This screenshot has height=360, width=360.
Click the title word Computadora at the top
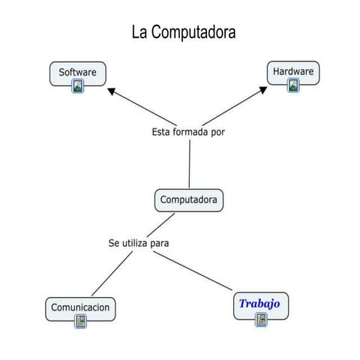(194, 33)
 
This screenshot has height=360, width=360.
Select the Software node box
(78, 73)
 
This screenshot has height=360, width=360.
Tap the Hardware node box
(293, 72)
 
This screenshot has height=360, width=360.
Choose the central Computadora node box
(189, 200)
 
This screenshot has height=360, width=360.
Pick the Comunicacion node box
(81, 307)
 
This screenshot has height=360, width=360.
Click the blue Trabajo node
(259, 304)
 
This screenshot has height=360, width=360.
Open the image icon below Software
(78, 86)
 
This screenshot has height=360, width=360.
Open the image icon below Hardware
(293, 85)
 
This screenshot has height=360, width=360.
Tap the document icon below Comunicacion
(81, 321)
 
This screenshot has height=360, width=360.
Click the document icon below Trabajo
(261, 319)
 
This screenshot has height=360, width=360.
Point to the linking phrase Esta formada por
(188, 132)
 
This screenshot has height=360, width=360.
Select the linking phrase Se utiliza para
(139, 243)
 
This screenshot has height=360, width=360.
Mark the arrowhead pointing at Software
(112, 91)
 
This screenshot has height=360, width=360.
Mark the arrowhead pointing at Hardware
(262, 90)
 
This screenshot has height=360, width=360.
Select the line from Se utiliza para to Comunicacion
(111, 274)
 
